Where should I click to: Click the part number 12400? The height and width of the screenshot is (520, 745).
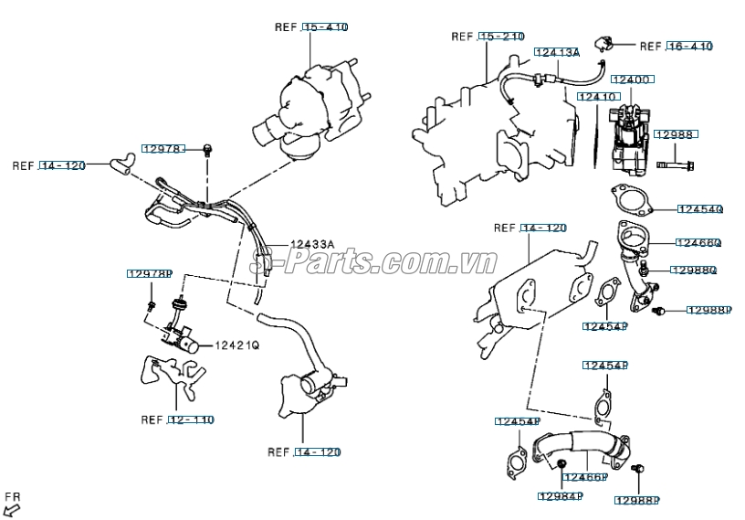click(630, 80)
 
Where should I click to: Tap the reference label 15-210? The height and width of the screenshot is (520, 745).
click(501, 37)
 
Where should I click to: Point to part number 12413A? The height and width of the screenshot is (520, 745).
click(557, 53)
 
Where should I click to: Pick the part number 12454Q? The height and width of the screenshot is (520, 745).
click(699, 209)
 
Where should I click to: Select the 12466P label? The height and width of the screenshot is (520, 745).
click(584, 477)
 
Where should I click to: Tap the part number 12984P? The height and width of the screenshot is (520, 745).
click(560, 496)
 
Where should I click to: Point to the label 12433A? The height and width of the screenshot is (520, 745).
click(312, 244)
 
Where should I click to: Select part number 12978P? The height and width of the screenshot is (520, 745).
click(150, 274)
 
